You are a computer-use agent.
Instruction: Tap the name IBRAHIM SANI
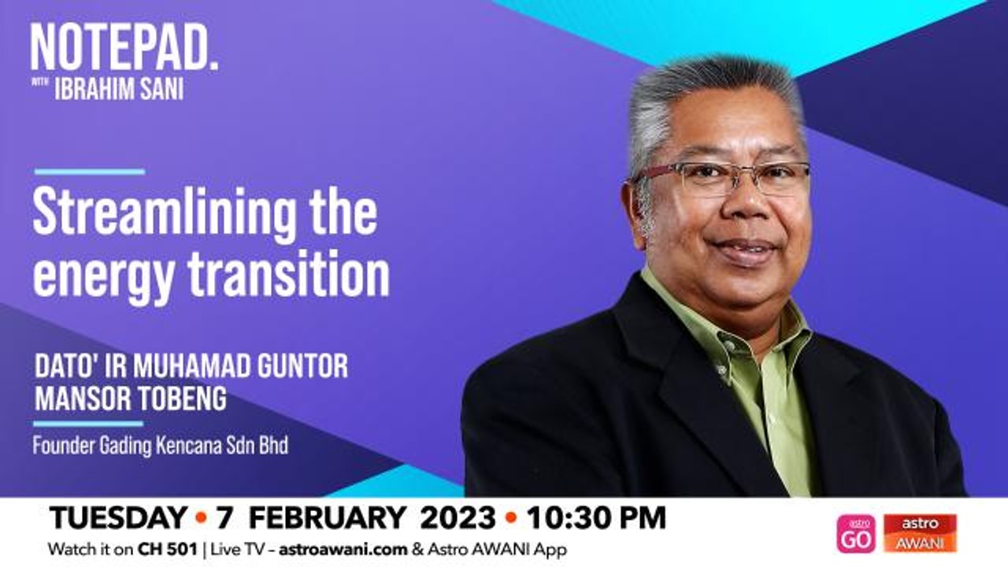118,89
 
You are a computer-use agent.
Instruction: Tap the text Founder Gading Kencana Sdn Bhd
160,446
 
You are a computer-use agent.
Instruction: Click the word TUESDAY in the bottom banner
117,518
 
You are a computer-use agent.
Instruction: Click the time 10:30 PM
596,518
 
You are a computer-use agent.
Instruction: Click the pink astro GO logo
856,533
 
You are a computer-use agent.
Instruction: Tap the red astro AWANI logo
920,533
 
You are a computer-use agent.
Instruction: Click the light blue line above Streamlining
89,172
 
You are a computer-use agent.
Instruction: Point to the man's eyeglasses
721,178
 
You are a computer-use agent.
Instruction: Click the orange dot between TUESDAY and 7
200,519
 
